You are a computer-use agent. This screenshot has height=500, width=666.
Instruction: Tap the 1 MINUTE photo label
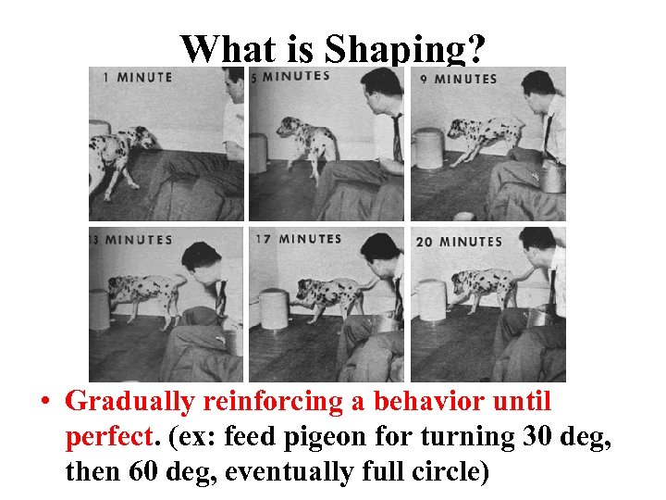coord(137,78)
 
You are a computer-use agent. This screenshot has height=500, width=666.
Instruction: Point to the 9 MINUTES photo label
coord(465,79)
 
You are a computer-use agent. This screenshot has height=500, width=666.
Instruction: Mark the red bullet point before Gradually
coord(43,403)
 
